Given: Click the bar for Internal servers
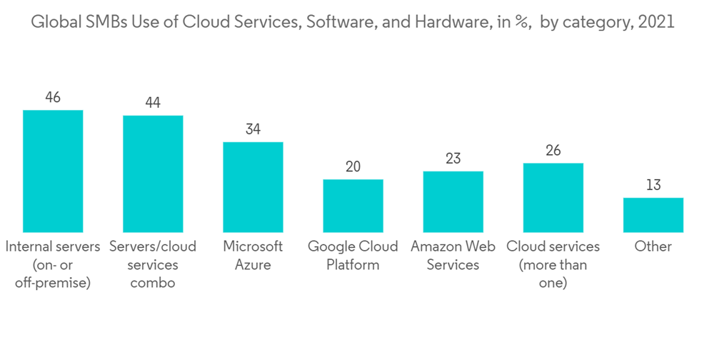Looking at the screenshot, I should [x=53, y=171].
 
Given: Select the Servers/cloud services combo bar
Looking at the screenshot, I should [x=153, y=174].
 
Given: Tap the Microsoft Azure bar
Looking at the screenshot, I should [x=253, y=187].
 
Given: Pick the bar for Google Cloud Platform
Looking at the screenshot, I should [x=353, y=206].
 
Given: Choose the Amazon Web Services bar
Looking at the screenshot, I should [x=453, y=201].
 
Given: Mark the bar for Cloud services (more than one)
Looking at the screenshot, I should [x=553, y=198].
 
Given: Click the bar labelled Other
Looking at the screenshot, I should [x=653, y=215].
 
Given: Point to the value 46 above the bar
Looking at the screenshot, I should [x=53, y=97].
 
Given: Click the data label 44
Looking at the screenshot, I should [x=153, y=103].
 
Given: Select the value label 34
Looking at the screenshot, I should [x=253, y=129].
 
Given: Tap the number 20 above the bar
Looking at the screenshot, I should [x=353, y=166].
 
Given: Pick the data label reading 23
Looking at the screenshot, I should [x=453, y=159].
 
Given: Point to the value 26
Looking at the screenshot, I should [x=553, y=151].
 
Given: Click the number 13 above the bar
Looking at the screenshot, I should [x=653, y=185].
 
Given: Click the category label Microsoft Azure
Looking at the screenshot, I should [x=253, y=255].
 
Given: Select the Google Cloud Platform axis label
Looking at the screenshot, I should [x=353, y=255].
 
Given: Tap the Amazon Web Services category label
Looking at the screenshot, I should [x=453, y=255].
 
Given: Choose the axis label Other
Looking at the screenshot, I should [x=653, y=246].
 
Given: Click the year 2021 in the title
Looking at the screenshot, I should [x=656, y=22].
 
